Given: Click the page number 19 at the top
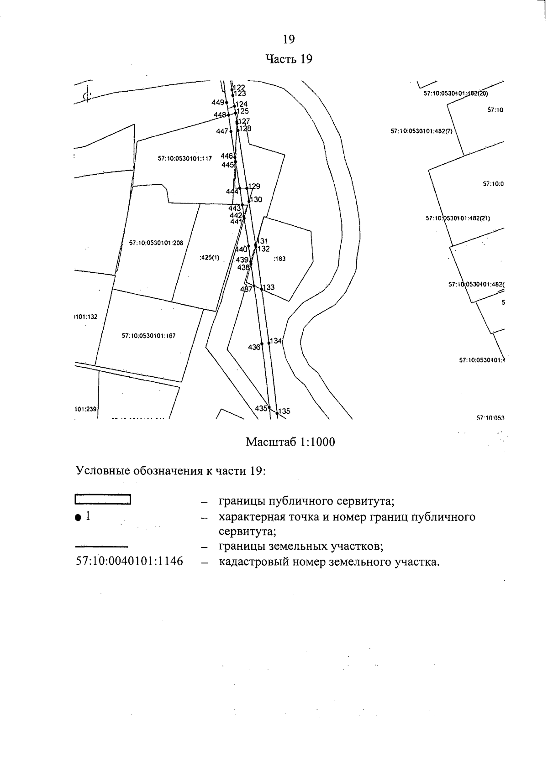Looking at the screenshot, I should [289, 39].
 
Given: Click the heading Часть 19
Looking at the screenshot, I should [289, 59].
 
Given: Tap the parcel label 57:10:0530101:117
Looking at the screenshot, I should [185, 159].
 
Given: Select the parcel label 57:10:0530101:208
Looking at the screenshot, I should [156, 243].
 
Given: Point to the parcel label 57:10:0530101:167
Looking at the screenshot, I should [148, 336].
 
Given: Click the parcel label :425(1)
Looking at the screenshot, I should [210, 258].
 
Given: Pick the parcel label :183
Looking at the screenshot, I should [279, 259].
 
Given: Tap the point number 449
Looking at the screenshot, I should [218, 103].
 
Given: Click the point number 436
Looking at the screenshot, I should [254, 347].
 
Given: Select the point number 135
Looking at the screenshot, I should [284, 411].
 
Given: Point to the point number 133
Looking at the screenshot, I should [269, 287].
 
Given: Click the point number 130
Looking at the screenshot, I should [256, 199].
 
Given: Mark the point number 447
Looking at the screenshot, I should [222, 131].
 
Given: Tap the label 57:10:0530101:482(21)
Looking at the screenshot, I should [458, 218].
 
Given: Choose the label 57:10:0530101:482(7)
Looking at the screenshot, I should [421, 131].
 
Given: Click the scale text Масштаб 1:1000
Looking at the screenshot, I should [290, 442].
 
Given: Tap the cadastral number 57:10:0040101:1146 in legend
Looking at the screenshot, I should [129, 561].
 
